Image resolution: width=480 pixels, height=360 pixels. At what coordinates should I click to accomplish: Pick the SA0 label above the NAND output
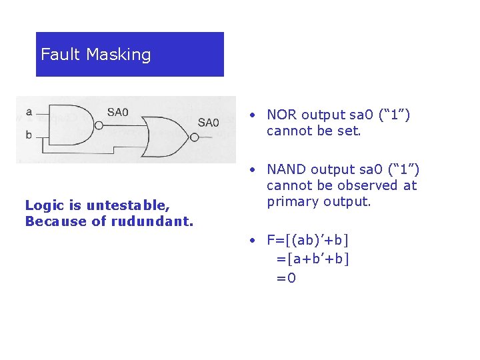[x=118, y=111]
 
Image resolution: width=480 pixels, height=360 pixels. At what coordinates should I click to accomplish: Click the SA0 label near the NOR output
[x=208, y=122]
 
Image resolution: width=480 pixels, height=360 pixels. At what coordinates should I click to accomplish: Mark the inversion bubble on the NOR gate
[x=193, y=137]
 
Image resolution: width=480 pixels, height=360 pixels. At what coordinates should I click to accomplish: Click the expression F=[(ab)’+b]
[x=308, y=239]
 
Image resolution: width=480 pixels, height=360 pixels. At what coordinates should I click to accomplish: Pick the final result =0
[x=287, y=277]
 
